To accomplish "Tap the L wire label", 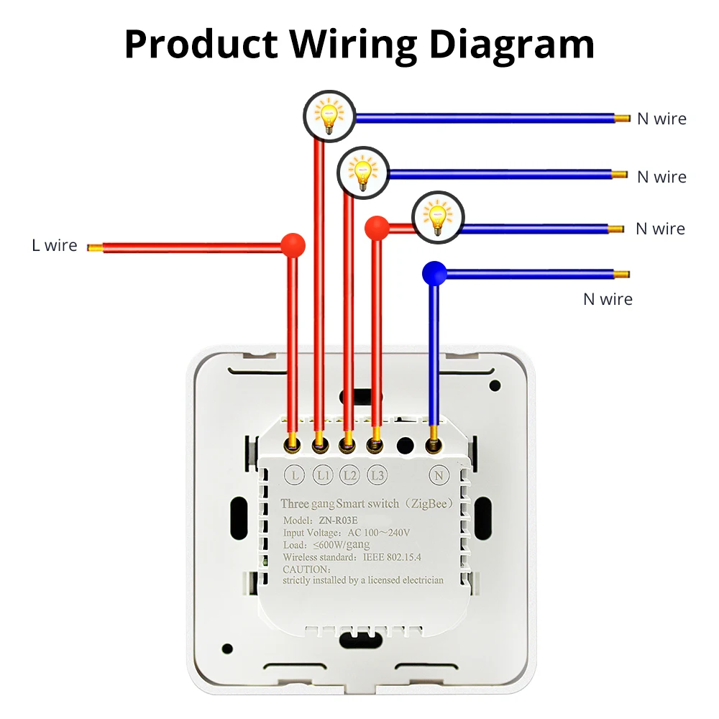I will click(x=54, y=246).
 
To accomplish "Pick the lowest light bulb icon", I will click(x=438, y=217).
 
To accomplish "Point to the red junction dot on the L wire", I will click(x=292, y=245).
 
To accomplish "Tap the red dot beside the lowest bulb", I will click(x=376, y=228).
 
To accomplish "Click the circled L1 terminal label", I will click(x=321, y=475).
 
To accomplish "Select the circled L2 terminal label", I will click(x=349, y=475).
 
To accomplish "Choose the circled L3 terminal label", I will click(x=377, y=475).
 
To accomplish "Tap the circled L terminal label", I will click(x=293, y=475).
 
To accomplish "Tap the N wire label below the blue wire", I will click(x=608, y=299).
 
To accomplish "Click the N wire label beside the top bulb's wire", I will click(x=661, y=119).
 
